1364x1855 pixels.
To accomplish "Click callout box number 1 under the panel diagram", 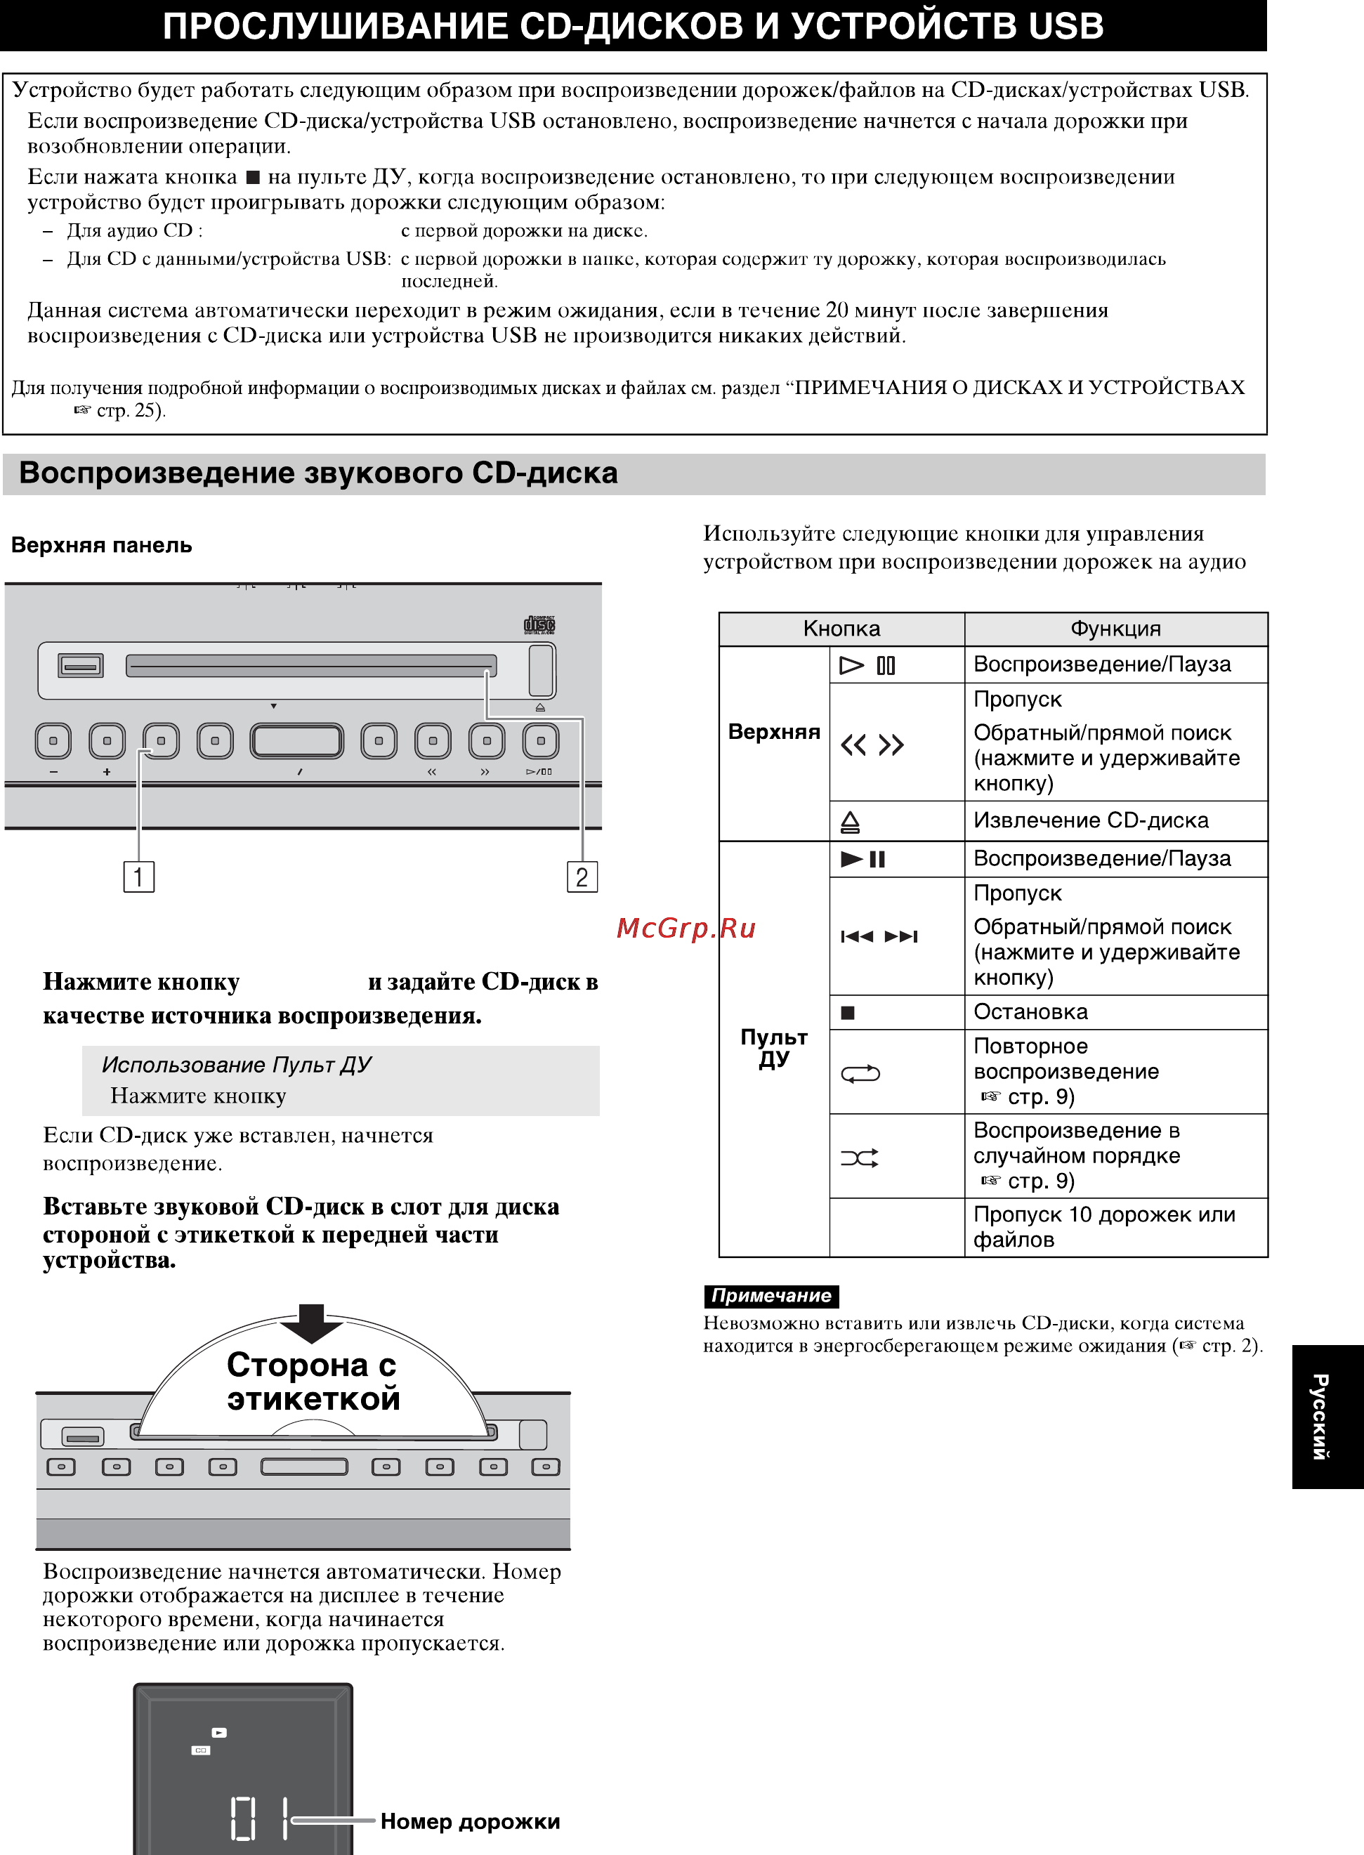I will click(138, 877).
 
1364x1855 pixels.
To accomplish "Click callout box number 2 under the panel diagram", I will click(582, 877).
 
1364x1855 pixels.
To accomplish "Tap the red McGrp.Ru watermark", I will click(686, 929).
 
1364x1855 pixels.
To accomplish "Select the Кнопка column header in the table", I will click(841, 629).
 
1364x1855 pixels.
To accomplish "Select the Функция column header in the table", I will click(1115, 629).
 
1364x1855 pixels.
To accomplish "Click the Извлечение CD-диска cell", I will click(1091, 820).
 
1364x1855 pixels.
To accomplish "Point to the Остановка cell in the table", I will click(1030, 1012).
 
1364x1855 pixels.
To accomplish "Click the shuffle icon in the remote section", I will click(860, 1158).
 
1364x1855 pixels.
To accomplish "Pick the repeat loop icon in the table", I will click(860, 1074).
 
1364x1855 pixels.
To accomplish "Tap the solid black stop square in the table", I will click(847, 1013).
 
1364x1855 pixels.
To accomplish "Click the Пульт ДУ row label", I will click(773, 1048).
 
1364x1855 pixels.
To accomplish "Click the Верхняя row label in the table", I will click(773, 733).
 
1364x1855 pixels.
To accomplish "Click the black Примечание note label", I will click(771, 1296).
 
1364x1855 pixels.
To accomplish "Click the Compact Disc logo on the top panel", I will click(539, 625).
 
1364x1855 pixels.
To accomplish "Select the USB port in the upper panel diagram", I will click(80, 664).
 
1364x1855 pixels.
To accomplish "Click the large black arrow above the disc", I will click(311, 1323).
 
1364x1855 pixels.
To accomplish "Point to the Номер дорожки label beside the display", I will click(470, 1822).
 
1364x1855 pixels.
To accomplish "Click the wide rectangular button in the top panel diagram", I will click(297, 740).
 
